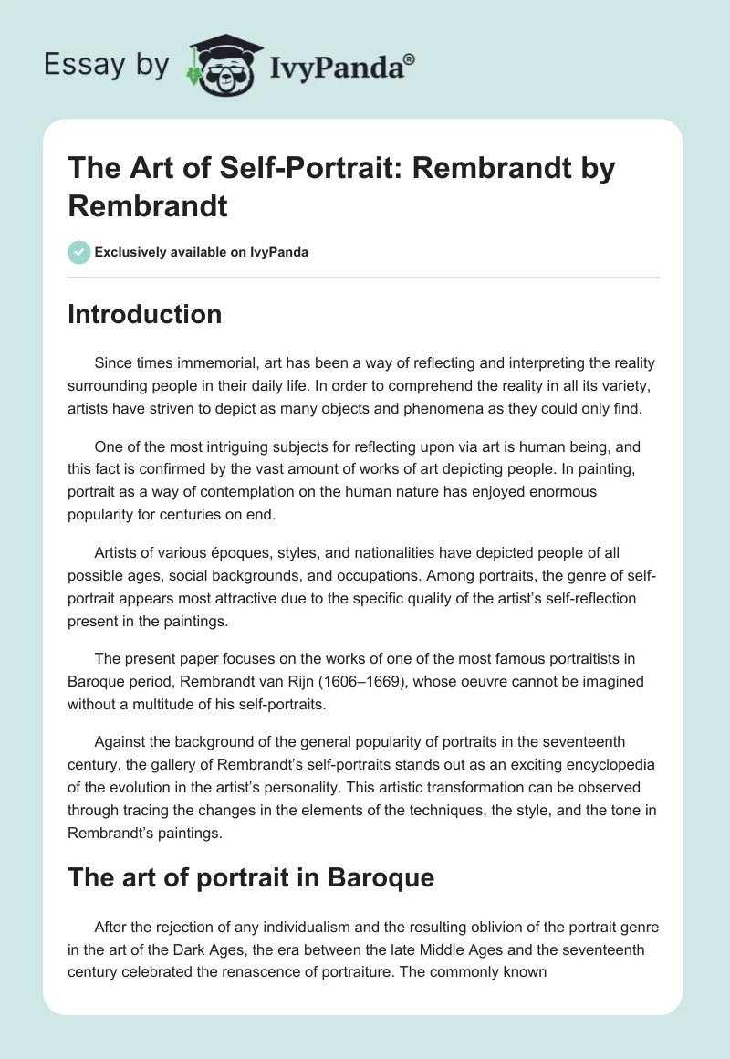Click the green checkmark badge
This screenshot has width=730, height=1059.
pos(79,252)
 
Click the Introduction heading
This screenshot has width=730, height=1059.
pos(145,314)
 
